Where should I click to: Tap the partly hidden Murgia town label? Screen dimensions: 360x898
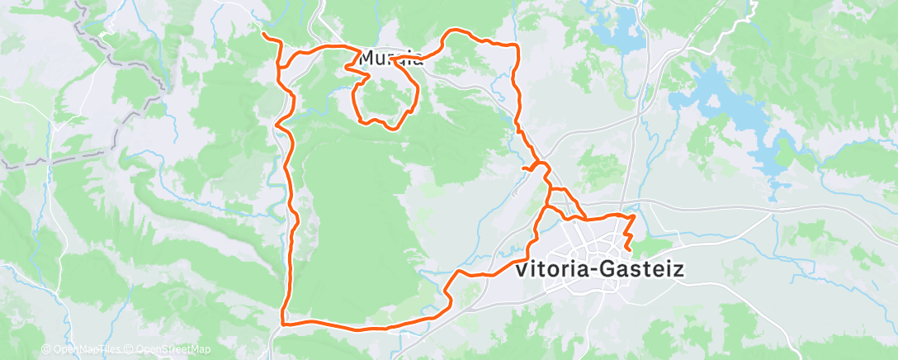tap(393, 59)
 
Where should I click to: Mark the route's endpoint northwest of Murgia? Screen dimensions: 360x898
tap(263, 35)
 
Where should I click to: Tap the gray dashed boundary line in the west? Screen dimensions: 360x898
tap(124, 124)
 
